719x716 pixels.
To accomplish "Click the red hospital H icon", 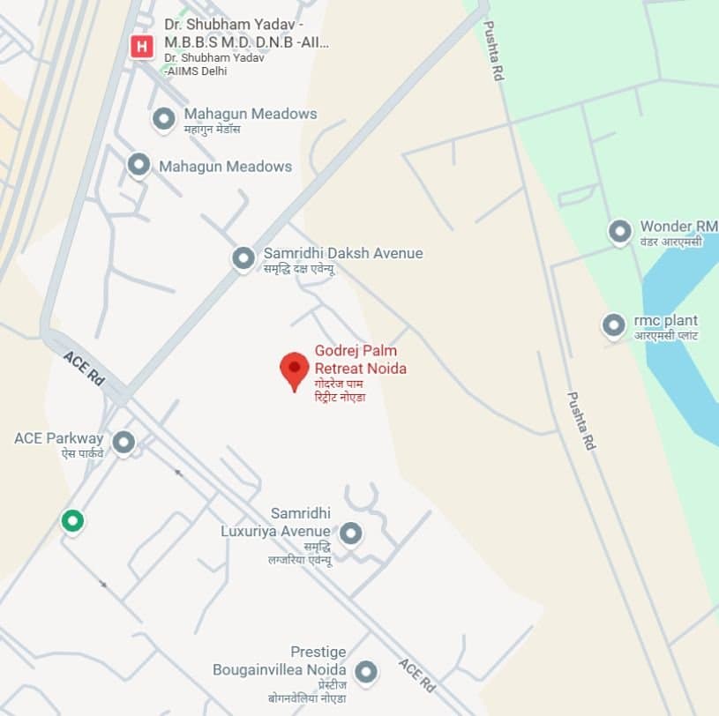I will click(141, 46).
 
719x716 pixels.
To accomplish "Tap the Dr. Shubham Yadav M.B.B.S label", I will click(240, 34).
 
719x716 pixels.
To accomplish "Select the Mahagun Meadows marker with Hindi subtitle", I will click(163, 119).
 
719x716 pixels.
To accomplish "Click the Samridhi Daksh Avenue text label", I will click(343, 254).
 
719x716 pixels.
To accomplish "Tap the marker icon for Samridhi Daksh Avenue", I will click(243, 258).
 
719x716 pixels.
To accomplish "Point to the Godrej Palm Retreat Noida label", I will click(360, 360).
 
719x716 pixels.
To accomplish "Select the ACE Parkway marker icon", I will click(124, 443).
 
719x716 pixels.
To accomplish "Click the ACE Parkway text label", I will click(59, 438).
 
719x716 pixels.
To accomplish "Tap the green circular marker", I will click(72, 521).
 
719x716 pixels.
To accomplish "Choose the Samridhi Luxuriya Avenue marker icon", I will click(351, 533).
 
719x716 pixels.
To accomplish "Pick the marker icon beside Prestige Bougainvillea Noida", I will click(365, 673).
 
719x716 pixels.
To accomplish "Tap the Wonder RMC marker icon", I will click(619, 232).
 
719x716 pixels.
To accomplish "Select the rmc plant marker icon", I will click(613, 325).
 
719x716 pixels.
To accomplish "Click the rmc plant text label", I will click(665, 321).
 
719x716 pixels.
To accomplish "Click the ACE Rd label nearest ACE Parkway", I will click(84, 367).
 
